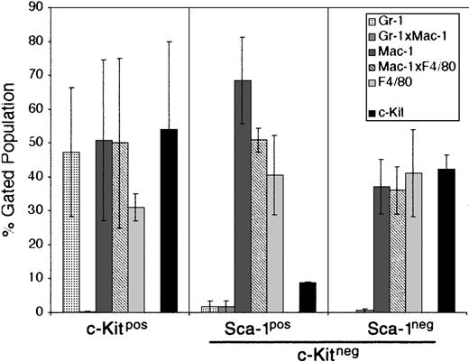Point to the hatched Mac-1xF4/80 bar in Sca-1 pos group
265,226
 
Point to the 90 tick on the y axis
39,8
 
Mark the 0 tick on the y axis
42,311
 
